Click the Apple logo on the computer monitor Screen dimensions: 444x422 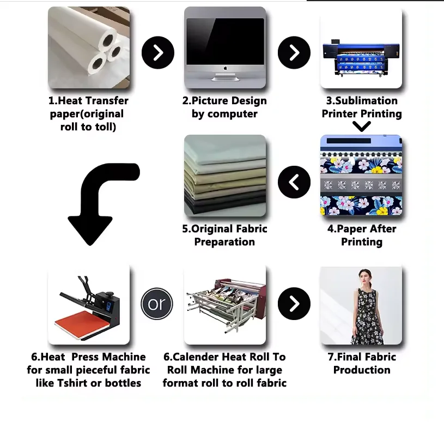(x=226, y=68)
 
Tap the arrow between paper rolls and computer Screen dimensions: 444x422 (x=158, y=52)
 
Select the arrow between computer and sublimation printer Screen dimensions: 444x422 (x=294, y=52)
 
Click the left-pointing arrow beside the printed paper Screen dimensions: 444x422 (x=294, y=182)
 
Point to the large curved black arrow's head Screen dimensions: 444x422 (x=90, y=230)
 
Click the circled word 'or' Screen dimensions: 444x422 (x=157, y=304)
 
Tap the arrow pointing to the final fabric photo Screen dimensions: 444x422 (x=294, y=304)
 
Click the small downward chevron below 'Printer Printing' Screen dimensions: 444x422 (x=362, y=126)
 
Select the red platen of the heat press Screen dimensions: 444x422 (x=82, y=324)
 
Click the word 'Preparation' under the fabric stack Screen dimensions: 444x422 (x=224, y=242)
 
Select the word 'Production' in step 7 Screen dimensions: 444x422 (x=362, y=370)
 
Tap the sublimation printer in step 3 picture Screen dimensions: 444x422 (x=361, y=59)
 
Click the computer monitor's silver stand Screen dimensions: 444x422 (x=225, y=77)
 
